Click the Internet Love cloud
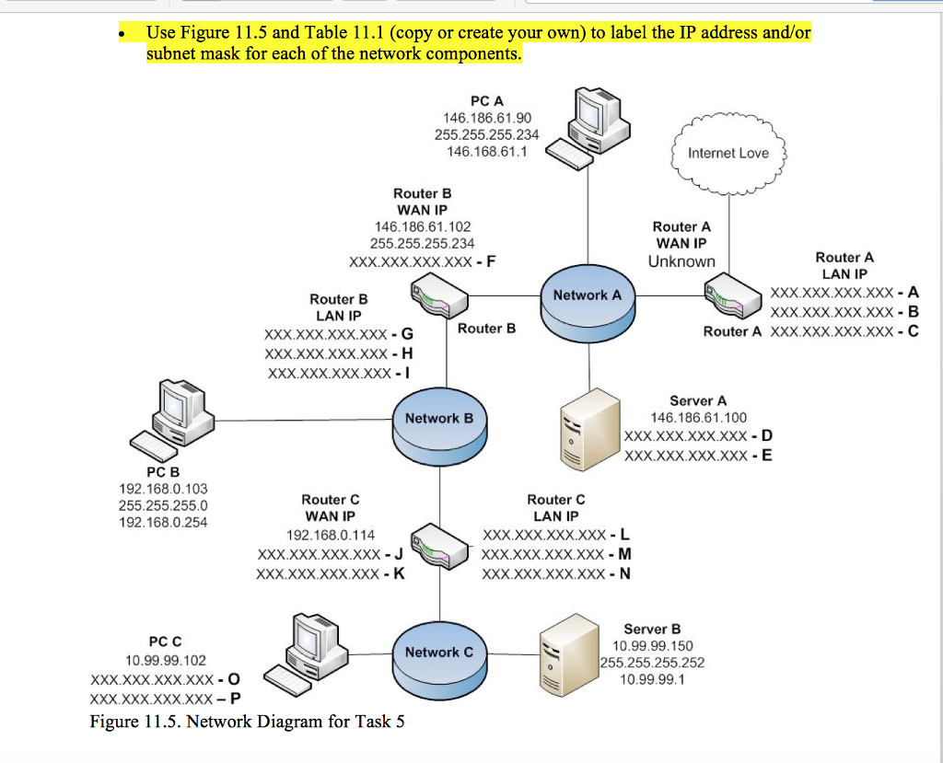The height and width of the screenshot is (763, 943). coord(728,153)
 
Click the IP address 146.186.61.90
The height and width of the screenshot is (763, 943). coord(487,118)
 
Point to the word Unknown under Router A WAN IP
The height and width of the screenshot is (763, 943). coord(681,261)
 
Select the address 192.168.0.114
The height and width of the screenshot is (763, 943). coord(331,535)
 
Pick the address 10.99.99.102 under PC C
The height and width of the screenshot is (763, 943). coord(166,660)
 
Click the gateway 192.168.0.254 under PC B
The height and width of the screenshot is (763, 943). coord(163,522)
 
